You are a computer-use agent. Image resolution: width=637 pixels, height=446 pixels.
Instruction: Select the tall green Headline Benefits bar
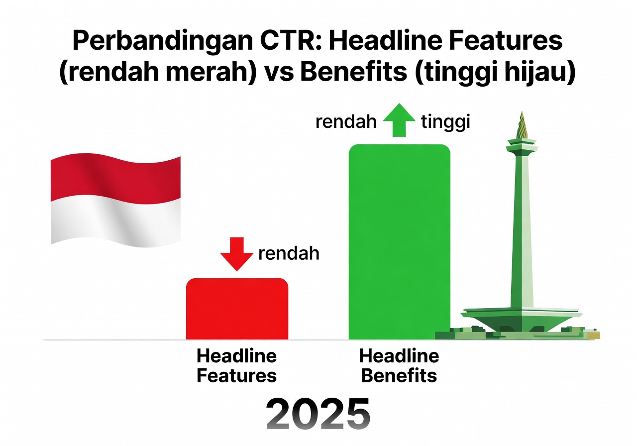coord(399,241)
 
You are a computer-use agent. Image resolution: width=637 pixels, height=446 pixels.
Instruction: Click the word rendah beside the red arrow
coord(289,254)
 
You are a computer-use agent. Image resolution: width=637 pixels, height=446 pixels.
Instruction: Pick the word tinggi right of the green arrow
coord(445,122)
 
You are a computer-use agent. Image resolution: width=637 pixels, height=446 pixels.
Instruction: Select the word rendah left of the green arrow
coord(346,122)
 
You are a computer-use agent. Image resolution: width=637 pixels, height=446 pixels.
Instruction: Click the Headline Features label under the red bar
coord(237,366)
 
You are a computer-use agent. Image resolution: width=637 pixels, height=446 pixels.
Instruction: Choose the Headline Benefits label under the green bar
coord(399,366)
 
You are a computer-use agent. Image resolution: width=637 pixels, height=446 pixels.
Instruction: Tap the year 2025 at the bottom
coord(318,413)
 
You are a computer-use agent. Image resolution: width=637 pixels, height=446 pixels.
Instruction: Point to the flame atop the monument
coord(522,125)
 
